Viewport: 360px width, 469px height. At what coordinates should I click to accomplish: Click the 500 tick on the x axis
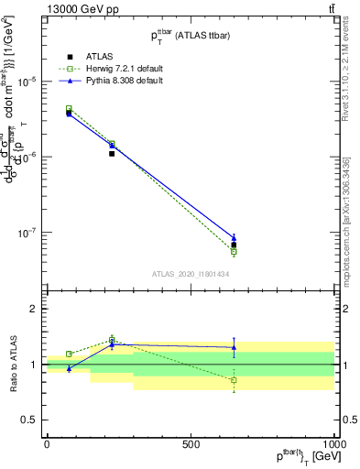tap(191, 444)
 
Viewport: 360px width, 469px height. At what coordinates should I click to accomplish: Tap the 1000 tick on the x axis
tap(333, 444)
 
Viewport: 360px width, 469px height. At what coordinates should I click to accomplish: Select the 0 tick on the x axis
tap(47, 444)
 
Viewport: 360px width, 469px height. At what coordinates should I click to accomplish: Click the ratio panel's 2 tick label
tap(33, 309)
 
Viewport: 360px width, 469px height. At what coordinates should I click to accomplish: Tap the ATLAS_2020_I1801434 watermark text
tap(191, 274)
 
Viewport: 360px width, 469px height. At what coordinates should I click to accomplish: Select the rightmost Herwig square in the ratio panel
tap(234, 379)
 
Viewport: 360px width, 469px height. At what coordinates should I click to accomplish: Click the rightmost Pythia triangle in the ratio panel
tap(234, 347)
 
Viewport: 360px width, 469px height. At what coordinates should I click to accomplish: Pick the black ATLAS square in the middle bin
tap(112, 154)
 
